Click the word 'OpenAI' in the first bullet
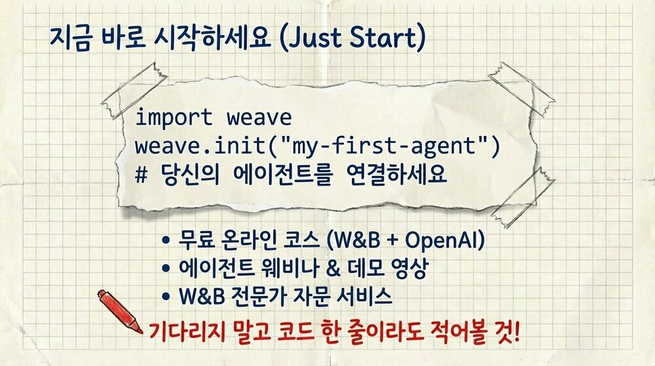(x=444, y=241)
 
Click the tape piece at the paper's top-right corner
(x=521, y=81)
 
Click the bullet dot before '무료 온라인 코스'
(x=167, y=242)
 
